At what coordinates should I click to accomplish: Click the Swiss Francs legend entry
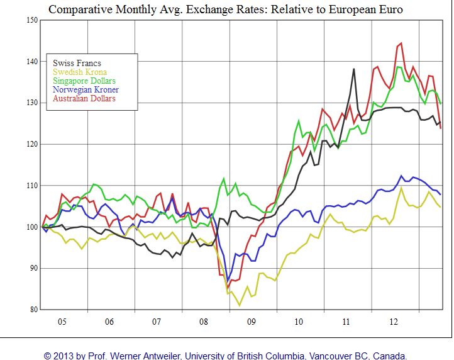pos(77,63)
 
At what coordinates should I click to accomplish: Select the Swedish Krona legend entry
pos(79,72)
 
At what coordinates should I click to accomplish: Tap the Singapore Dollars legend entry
pos(84,81)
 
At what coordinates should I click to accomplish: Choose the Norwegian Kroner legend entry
pos(86,89)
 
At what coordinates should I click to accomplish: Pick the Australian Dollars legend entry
pos(84,98)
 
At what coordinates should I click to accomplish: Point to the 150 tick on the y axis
pos(31,20)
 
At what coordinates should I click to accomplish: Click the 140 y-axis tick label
pos(31,62)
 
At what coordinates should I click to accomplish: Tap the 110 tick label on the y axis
pos(31,186)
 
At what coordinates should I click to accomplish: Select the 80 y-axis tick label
pos(33,309)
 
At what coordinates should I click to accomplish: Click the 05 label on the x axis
pos(62,322)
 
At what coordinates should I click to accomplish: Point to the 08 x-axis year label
pos(204,322)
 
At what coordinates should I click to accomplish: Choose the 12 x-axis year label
pos(393,322)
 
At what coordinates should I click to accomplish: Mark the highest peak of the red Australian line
pos(401,43)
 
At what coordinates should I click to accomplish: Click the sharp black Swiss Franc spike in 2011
pos(353,69)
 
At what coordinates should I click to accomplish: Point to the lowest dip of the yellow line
pos(240,305)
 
